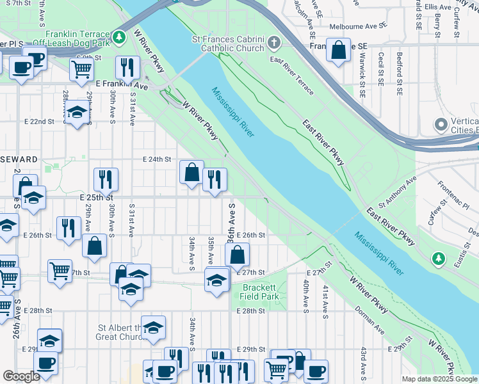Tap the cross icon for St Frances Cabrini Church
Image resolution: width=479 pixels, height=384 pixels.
(x=274, y=44)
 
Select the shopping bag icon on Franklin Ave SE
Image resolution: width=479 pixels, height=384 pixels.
(x=338, y=50)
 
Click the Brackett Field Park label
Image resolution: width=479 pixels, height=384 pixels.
(x=260, y=292)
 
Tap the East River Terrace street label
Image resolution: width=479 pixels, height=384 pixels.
(x=292, y=76)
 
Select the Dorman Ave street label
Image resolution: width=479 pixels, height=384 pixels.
(x=371, y=321)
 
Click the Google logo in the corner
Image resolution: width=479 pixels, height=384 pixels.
(x=21, y=376)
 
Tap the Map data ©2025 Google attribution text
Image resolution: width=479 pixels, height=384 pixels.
(x=440, y=379)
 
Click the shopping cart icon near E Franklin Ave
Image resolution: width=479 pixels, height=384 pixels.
(x=81, y=68)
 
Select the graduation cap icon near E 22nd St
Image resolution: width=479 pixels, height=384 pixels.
(x=77, y=113)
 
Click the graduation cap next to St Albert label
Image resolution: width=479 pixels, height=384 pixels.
(x=153, y=328)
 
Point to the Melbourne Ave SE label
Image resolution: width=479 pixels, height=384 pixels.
(x=359, y=28)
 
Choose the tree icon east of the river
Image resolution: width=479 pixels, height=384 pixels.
(x=438, y=259)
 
